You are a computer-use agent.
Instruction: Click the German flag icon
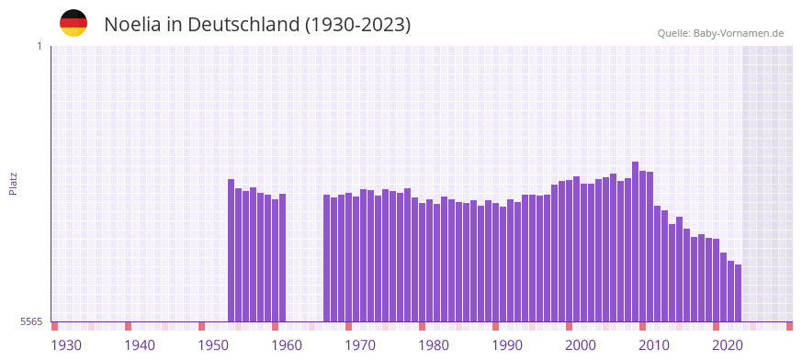(73, 23)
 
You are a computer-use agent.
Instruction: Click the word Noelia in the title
(132, 25)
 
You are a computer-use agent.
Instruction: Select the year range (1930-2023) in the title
(358, 25)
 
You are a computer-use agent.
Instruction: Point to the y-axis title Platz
(13, 184)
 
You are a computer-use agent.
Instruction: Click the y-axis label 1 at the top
(39, 46)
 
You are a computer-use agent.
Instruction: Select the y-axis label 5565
(30, 321)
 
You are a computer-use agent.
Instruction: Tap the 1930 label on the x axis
(66, 345)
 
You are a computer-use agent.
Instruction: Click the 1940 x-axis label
(140, 345)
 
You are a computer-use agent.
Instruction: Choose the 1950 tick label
(213, 345)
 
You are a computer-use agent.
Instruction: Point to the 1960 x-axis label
(287, 345)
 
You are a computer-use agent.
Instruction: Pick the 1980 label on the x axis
(434, 345)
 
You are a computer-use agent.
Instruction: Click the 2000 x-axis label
(581, 345)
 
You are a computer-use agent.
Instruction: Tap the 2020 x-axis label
(728, 345)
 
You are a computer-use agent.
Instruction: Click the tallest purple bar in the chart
(635, 242)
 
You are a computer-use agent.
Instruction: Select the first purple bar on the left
(232, 250)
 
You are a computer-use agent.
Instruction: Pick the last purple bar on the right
(738, 293)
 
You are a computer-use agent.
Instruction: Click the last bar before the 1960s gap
(283, 257)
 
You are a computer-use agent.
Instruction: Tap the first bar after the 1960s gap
(327, 258)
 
